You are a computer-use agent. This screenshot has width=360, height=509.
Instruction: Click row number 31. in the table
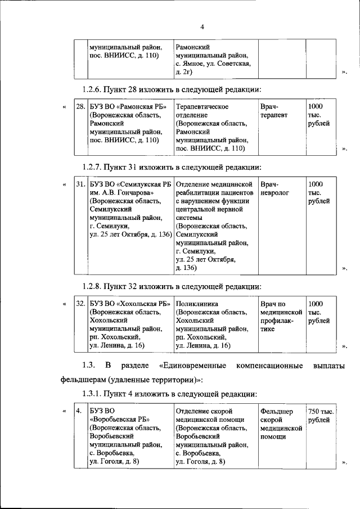click(80, 184)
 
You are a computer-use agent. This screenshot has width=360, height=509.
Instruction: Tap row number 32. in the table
click(80, 304)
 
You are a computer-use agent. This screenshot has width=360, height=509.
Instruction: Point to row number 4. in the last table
click(79, 412)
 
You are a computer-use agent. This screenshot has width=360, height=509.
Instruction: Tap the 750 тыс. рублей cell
click(321, 417)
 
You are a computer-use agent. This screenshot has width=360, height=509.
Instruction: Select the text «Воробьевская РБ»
click(119, 421)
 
